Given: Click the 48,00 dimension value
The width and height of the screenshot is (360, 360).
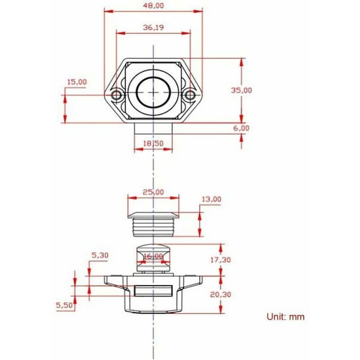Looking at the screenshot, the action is [x=154, y=5].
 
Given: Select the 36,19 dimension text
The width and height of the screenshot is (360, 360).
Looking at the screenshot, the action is [x=154, y=28].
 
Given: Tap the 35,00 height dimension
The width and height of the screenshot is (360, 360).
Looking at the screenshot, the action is [x=241, y=90].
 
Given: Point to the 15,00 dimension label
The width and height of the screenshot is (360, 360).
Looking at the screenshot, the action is [x=77, y=82].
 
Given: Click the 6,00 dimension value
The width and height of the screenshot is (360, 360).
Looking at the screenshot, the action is [x=241, y=128].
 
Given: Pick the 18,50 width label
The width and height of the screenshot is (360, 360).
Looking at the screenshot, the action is [x=154, y=143].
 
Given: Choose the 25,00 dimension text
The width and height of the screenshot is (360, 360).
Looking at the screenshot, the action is [x=154, y=192].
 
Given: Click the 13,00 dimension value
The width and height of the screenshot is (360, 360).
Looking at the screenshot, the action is [x=211, y=199].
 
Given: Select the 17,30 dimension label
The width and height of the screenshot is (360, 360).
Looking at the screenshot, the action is [x=221, y=260].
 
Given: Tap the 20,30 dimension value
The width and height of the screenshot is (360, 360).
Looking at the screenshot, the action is [x=221, y=295].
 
